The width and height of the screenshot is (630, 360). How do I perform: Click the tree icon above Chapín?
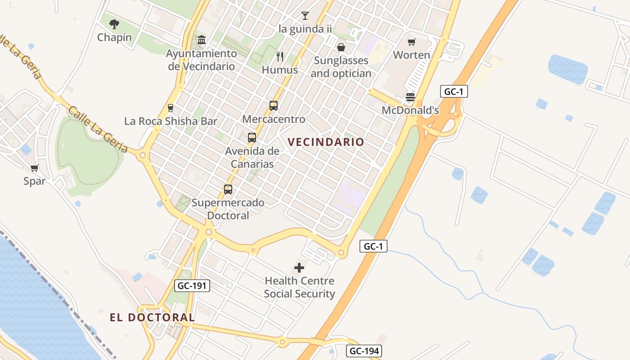click(114, 24)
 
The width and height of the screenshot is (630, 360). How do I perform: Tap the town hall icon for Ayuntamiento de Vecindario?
click(202, 40)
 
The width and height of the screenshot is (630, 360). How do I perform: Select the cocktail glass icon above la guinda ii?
click(305, 16)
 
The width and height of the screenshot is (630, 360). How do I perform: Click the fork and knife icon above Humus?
click(280, 57)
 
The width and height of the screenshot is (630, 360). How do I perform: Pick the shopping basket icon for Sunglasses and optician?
click(341, 47)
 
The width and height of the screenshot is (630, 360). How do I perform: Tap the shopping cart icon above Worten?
click(411, 42)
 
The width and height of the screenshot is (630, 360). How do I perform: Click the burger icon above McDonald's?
click(410, 97)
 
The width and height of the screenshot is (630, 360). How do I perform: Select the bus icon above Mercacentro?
click(274, 106)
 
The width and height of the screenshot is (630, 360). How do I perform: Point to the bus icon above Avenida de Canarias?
click(252, 138)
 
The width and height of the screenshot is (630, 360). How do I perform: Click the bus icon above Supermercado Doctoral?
click(228, 189)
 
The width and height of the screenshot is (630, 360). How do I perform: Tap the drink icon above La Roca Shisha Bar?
click(171, 108)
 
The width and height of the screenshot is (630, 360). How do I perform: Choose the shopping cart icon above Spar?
click(35, 168)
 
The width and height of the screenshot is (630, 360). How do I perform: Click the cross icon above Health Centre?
click(299, 268)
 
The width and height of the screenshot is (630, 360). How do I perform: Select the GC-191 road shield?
click(192, 285)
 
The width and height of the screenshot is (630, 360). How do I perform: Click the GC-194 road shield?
click(364, 351)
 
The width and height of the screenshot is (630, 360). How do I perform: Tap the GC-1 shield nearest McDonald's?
click(454, 92)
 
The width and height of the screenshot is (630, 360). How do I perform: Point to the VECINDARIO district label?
click(326, 142)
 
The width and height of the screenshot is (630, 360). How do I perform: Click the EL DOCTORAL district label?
click(153, 318)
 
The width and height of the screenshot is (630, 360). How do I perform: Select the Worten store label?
click(412, 55)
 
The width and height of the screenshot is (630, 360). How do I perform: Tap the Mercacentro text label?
click(274, 119)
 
